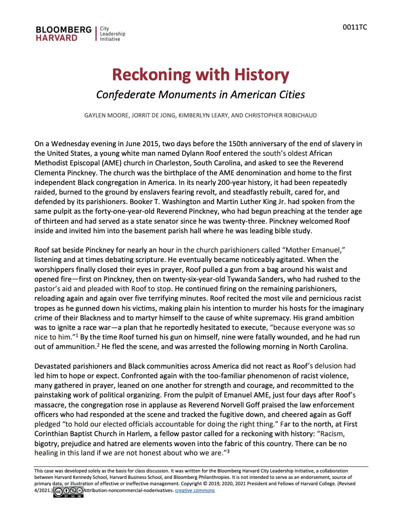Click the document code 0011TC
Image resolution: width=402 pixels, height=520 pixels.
click(x=354, y=27)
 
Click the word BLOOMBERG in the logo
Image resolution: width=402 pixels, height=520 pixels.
click(x=64, y=30)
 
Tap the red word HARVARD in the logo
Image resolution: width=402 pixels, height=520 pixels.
click(x=56, y=38)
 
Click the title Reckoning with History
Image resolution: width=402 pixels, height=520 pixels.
click(x=200, y=75)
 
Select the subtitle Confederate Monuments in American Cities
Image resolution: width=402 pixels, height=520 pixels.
click(x=200, y=95)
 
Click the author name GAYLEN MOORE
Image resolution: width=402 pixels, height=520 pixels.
click(x=106, y=115)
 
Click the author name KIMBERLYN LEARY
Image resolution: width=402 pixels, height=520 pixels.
click(x=203, y=115)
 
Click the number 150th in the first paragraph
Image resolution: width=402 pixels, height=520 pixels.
click(x=239, y=144)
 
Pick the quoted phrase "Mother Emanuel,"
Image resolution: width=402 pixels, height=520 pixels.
click(x=314, y=250)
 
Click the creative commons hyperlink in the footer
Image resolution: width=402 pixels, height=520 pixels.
click(x=195, y=490)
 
